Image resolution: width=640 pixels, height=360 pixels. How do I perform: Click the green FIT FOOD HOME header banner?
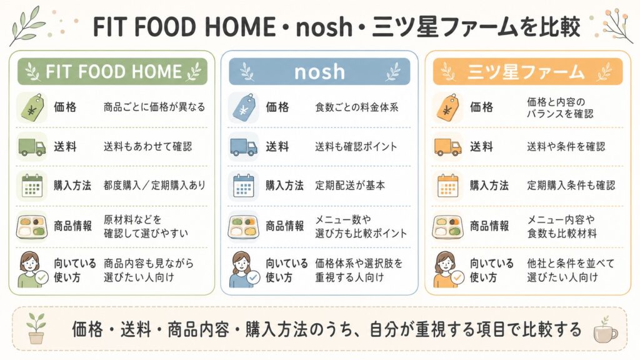pyautogui.click(x=112, y=71)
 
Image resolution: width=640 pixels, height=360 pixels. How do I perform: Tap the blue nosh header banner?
pyautogui.click(x=319, y=71)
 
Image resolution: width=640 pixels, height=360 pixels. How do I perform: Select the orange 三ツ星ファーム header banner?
pyautogui.click(x=527, y=71)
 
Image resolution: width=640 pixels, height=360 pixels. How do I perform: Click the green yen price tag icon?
pyautogui.click(x=32, y=107)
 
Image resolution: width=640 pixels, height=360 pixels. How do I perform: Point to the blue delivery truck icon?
pyautogui.click(x=244, y=146)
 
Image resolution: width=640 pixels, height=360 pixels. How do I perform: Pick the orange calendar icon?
pyautogui.click(x=447, y=186)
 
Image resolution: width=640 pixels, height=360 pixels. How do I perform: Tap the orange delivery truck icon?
pyautogui.click(x=447, y=146)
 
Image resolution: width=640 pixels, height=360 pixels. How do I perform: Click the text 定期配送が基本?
pyautogui.click(x=350, y=186)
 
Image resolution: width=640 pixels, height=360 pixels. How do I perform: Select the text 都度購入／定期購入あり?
pyautogui.click(x=154, y=186)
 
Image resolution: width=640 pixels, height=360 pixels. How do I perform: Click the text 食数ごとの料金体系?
pyautogui.click(x=356, y=107)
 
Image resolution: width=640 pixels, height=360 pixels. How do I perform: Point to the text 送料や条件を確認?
pyautogui.click(x=566, y=146)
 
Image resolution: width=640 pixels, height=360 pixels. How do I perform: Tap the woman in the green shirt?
pyautogui.click(x=30, y=269)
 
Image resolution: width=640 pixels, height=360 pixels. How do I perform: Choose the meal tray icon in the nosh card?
pyautogui.click(x=243, y=226)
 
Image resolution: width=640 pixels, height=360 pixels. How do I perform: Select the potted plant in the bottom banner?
pyautogui.click(x=36, y=328)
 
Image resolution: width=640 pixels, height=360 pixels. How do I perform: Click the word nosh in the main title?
pyautogui.click(x=324, y=27)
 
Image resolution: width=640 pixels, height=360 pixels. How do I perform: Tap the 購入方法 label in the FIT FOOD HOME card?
pyautogui.click(x=72, y=186)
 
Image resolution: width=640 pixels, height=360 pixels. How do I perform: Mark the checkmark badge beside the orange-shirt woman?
pyautogui.click(x=457, y=278)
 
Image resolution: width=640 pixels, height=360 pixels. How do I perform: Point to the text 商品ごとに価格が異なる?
pyautogui.click(x=154, y=107)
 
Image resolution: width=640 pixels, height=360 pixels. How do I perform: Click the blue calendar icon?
pyautogui.click(x=244, y=186)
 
